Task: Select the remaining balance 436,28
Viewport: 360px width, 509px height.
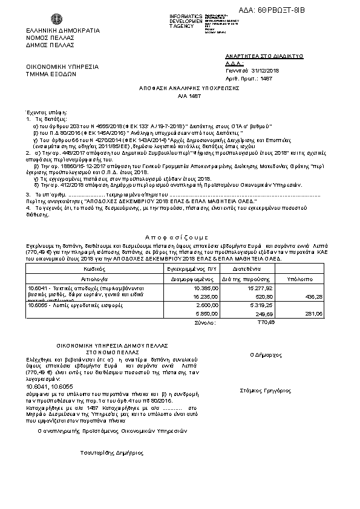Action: tap(315, 297)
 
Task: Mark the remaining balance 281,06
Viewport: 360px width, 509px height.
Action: tap(315, 314)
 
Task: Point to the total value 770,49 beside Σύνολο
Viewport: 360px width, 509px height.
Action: tap(266, 323)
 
